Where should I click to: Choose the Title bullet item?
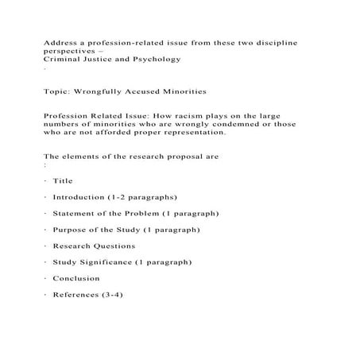coord(63,181)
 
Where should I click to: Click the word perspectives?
coord(72,49)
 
